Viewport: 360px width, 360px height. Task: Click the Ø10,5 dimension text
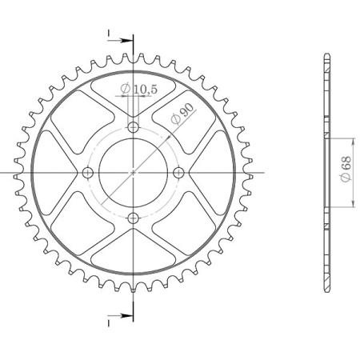tap(138, 87)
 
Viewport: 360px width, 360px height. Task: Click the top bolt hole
tap(134, 126)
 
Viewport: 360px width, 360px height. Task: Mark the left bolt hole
tap(87, 173)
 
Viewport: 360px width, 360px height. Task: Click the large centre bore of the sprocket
tap(134, 173)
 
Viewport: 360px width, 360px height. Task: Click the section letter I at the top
tap(108, 34)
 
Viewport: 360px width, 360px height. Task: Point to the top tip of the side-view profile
tap(326, 54)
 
